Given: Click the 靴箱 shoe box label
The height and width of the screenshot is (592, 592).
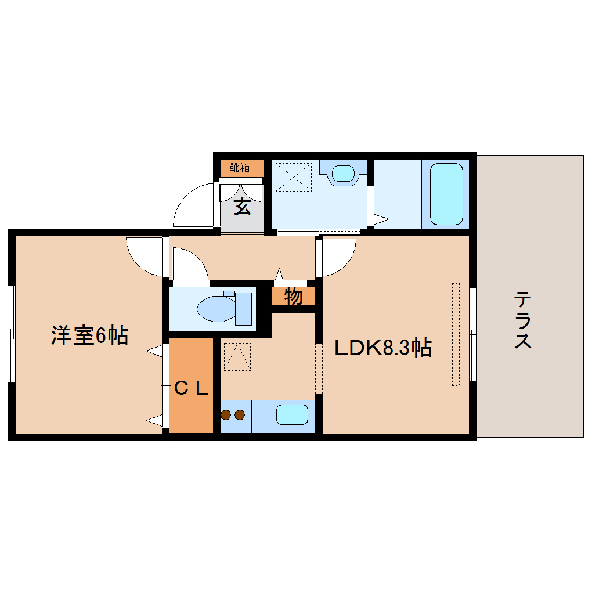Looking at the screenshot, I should click(x=240, y=168).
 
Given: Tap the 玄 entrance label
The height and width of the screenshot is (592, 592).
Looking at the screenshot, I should click(x=243, y=207).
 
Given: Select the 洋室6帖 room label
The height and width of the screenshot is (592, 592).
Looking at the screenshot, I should click(x=89, y=335).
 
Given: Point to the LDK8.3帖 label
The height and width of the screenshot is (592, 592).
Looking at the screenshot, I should click(x=382, y=348).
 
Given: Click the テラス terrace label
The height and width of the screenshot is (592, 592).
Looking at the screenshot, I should click(x=523, y=320).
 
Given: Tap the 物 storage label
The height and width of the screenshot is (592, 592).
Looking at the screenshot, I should click(x=294, y=297).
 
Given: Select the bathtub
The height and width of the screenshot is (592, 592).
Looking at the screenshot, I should click(x=446, y=194).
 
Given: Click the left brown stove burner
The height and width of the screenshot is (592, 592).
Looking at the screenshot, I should click(x=226, y=415).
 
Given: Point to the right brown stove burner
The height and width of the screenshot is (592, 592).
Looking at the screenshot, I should click(x=239, y=415).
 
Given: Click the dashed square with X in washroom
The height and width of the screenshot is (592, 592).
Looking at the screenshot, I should click(x=293, y=176).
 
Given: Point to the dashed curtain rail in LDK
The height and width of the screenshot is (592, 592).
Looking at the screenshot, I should click(x=456, y=334).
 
